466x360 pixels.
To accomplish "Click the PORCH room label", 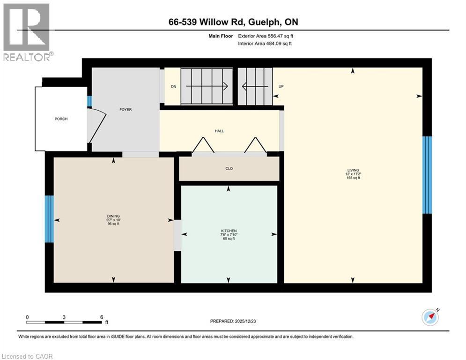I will click(61, 119).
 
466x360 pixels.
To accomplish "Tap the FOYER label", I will click(125, 110).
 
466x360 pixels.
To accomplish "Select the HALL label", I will click(219, 131).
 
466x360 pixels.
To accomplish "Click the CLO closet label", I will click(229, 169).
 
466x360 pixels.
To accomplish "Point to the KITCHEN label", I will click(229, 231).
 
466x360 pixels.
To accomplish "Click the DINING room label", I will click(113, 216).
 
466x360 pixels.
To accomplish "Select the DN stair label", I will click(173, 86).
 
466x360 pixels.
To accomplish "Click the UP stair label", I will click(281, 87).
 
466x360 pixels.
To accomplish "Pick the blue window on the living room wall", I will click(427, 175).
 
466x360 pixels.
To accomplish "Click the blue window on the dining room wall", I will click(49, 219).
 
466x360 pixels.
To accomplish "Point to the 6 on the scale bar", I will click(102, 317).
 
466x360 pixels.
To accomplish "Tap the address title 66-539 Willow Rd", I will click(233, 22).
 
